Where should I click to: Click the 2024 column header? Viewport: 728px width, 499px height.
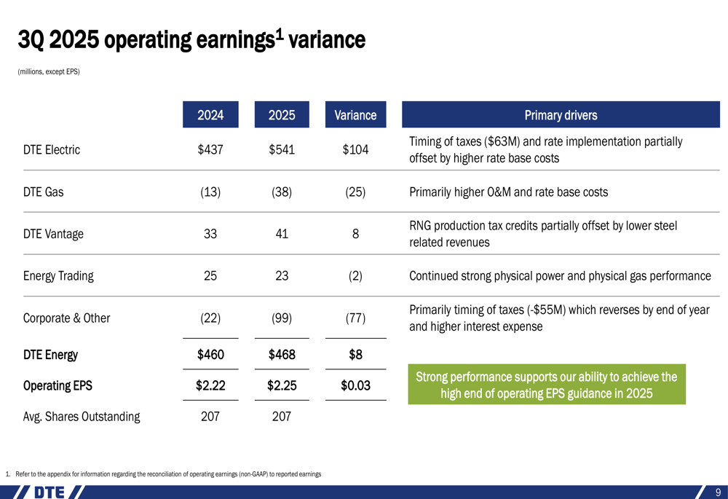(x=210, y=115)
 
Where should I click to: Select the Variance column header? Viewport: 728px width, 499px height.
(x=355, y=115)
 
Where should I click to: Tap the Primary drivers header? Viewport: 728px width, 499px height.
(x=561, y=115)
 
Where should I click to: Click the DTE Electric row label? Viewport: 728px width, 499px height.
(x=52, y=150)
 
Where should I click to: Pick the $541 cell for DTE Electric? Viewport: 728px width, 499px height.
(x=282, y=150)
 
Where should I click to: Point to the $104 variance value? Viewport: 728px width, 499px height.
(x=355, y=150)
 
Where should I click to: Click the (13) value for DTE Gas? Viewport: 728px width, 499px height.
(x=210, y=192)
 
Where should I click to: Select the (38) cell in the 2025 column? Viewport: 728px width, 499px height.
(x=282, y=192)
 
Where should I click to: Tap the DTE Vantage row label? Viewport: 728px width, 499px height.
(x=53, y=234)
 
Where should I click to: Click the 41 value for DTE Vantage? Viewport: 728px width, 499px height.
(x=282, y=234)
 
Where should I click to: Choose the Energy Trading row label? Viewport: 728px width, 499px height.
(x=58, y=276)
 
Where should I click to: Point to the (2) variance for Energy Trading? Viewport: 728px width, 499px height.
(x=355, y=276)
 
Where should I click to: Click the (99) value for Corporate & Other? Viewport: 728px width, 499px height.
(x=282, y=318)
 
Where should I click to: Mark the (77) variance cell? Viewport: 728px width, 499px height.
(x=355, y=318)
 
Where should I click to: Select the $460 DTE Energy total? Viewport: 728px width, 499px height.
(x=210, y=355)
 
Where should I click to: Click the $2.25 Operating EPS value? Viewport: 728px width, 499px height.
(x=282, y=385)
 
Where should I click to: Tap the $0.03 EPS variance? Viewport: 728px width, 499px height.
(x=355, y=385)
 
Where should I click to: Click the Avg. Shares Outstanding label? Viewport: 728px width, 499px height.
(x=82, y=417)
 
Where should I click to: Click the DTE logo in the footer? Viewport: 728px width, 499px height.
(x=49, y=492)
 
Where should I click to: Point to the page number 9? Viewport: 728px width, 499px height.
(x=717, y=492)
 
